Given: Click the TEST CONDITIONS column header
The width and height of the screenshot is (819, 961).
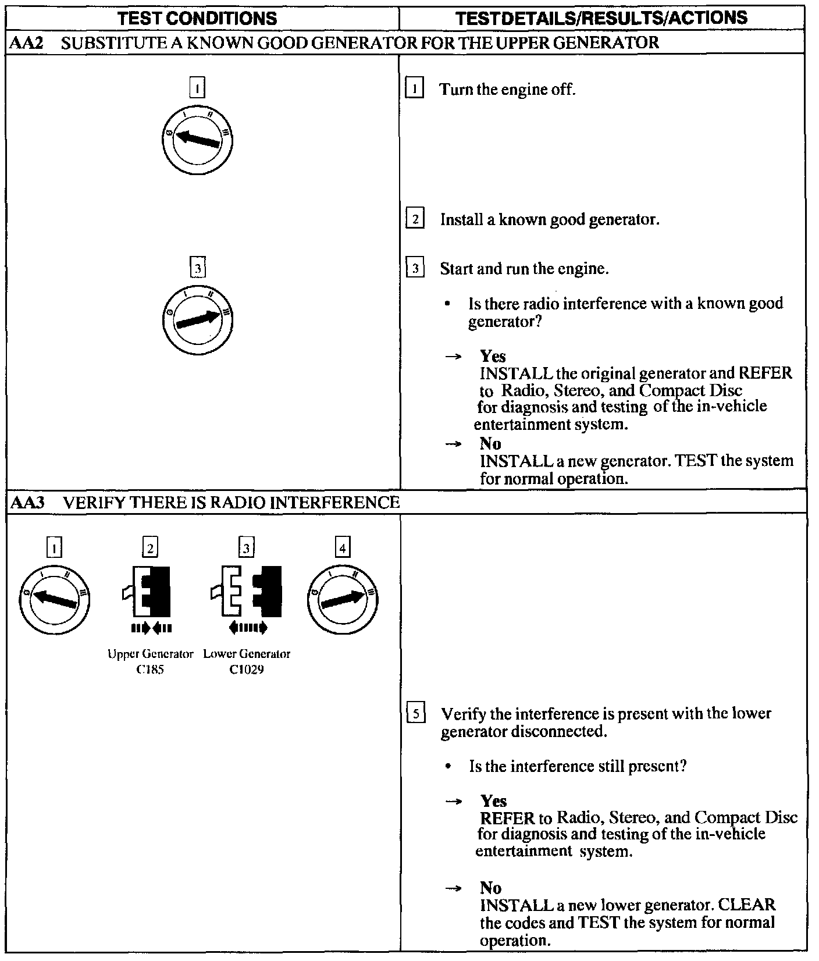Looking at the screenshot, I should (x=197, y=19).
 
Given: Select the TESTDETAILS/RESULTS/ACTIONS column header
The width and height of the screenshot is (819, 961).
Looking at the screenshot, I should (x=601, y=18).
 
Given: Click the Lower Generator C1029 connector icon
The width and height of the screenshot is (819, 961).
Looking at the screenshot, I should (x=247, y=591).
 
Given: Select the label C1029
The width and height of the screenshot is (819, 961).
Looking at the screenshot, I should (x=247, y=670).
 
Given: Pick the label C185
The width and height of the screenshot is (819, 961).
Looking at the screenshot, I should (x=150, y=670).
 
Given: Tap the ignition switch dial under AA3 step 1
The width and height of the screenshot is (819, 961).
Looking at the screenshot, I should (x=54, y=600).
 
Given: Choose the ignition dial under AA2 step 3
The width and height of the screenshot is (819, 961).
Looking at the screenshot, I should (x=198, y=320).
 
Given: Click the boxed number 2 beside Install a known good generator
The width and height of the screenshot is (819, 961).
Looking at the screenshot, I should (x=414, y=219).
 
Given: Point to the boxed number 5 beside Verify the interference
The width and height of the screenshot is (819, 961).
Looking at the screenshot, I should (x=415, y=714).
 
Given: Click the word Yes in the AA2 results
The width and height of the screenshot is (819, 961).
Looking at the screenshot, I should (x=493, y=356).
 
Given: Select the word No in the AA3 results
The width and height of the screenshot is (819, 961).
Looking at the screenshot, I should (x=490, y=888).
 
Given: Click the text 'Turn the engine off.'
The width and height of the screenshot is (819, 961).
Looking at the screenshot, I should (x=507, y=90).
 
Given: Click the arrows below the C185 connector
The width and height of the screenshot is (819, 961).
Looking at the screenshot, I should (x=151, y=628).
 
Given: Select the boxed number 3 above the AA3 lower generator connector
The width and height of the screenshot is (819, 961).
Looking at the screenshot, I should (x=246, y=548).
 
